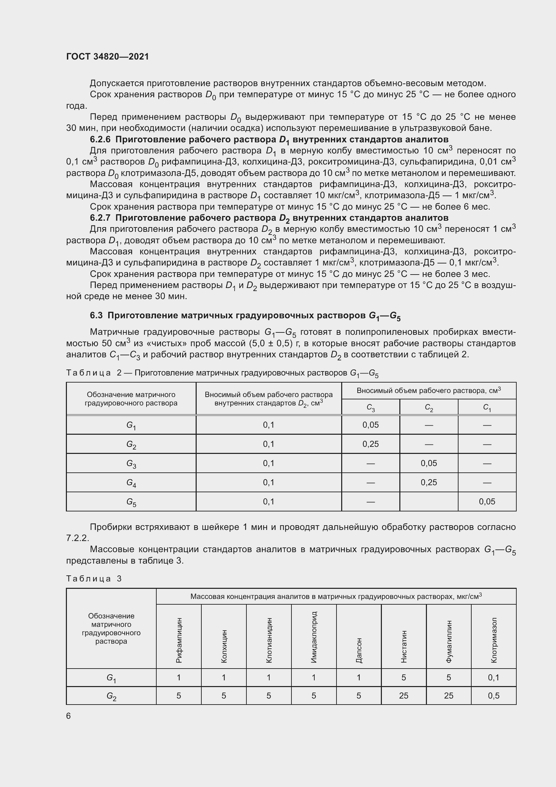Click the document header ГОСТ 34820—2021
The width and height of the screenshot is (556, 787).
tap(108, 57)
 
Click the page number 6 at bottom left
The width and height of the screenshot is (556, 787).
tap(69, 716)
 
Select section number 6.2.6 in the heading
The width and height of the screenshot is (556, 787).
tap(100, 140)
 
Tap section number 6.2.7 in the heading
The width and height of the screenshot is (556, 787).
tap(100, 218)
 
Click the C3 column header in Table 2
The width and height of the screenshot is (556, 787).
tap(370, 407)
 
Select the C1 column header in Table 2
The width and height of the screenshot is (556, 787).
tap(487, 407)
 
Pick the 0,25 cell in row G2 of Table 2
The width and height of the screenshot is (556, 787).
tap(370, 444)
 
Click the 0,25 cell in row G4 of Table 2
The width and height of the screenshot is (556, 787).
tap(429, 482)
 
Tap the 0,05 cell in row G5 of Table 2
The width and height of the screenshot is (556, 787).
tap(487, 502)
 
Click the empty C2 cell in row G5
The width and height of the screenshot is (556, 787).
tap(429, 502)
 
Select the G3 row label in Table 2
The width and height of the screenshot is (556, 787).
tap(131, 464)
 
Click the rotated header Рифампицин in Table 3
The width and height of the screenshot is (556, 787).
tap(179, 640)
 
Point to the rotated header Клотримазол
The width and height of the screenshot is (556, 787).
tap(494, 640)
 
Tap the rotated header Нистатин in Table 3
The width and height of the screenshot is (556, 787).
tap(404, 646)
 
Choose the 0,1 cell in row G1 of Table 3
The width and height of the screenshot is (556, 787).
tap(494, 678)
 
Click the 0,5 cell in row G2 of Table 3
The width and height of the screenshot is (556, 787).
tap(494, 696)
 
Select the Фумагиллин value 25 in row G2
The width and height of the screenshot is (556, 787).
tap(448, 696)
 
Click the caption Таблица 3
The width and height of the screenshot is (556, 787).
tap(94, 579)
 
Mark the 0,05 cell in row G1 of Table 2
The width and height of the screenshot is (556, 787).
tap(370, 425)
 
